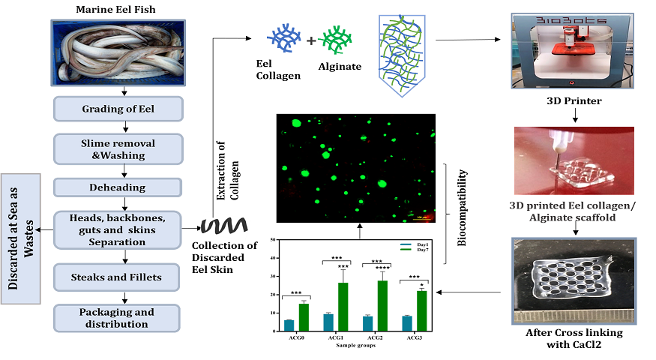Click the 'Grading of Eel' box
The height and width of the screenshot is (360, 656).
coord(118,109)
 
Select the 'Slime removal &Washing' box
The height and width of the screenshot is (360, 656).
coord(118,149)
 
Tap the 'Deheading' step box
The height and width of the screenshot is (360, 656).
coord(118,187)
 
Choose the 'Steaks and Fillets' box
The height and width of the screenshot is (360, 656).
coord(118,277)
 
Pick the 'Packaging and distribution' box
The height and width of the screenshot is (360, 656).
coord(118,318)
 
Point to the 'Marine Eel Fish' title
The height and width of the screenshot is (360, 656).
coord(117,10)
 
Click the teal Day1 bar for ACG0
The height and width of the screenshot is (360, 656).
coord(289,325)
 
